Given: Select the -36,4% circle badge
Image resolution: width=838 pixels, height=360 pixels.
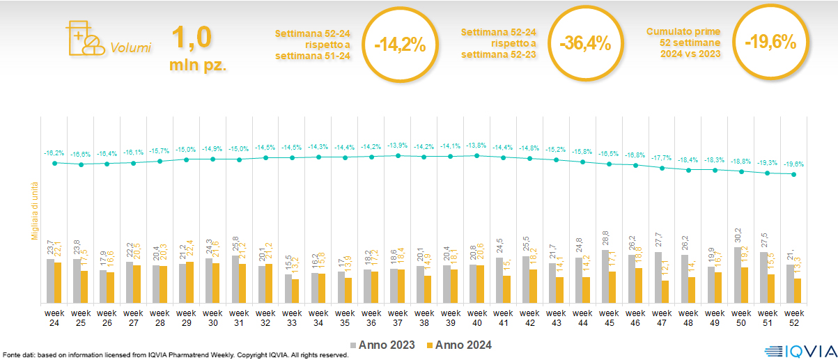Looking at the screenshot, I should [x=585, y=44].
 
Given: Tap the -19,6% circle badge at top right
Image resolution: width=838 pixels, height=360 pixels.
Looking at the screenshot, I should [x=770, y=42].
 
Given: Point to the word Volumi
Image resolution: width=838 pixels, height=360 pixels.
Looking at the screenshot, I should [x=130, y=49].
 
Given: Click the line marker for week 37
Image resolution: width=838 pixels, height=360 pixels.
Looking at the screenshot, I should [x=398, y=156].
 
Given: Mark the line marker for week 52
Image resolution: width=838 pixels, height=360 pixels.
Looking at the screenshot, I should [x=794, y=174].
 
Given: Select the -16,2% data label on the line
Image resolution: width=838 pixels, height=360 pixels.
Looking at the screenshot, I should [x=54, y=152].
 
